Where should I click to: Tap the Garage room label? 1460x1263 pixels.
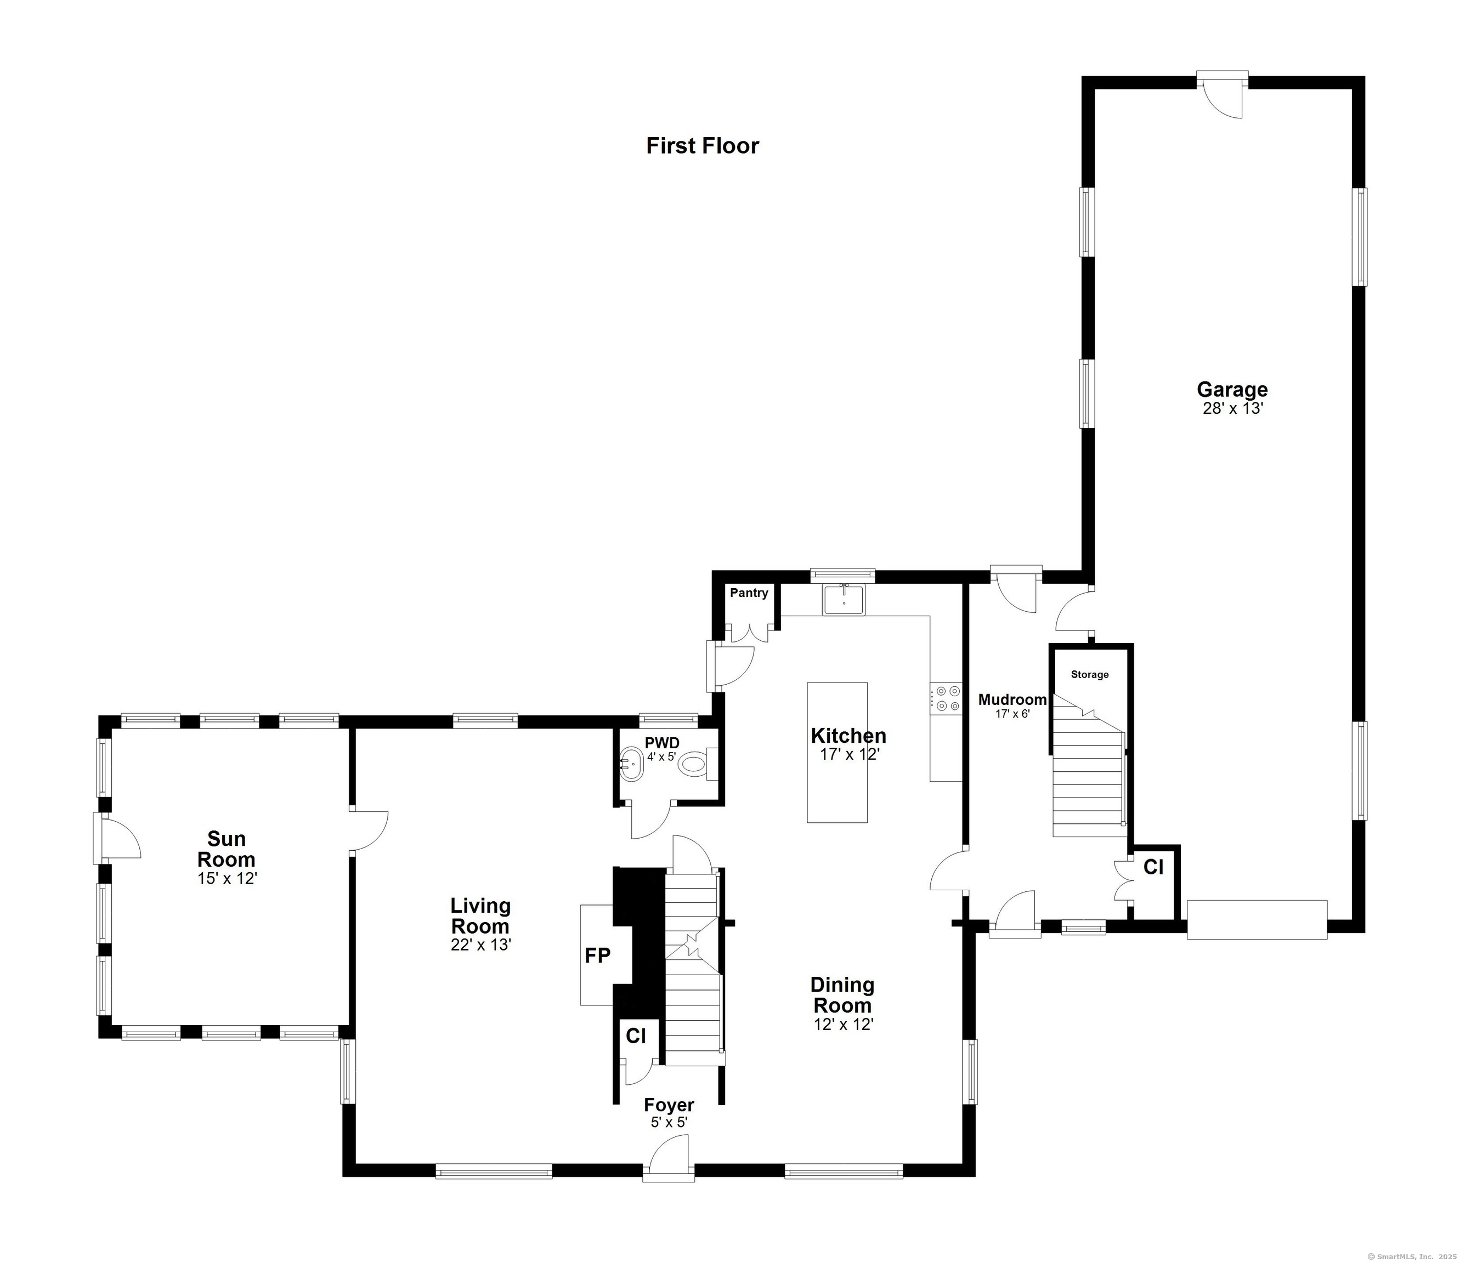click(x=1232, y=389)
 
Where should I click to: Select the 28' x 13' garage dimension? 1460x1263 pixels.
click(x=1232, y=409)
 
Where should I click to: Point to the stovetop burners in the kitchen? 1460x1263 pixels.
click(x=946, y=698)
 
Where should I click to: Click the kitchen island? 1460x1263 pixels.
click(x=837, y=752)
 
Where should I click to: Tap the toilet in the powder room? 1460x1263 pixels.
click(x=699, y=763)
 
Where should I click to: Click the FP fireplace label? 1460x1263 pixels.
click(x=598, y=955)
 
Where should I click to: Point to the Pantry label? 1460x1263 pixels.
click(x=749, y=593)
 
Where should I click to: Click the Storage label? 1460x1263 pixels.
click(x=1089, y=674)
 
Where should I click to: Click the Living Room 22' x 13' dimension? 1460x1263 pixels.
click(x=481, y=945)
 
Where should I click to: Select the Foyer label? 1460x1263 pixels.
click(x=669, y=1105)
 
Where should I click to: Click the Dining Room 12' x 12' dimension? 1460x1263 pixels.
click(x=843, y=1024)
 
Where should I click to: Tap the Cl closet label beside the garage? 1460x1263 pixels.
click(x=1153, y=867)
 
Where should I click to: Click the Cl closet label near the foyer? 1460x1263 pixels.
click(x=636, y=1036)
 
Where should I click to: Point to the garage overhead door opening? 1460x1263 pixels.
click(x=1257, y=919)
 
